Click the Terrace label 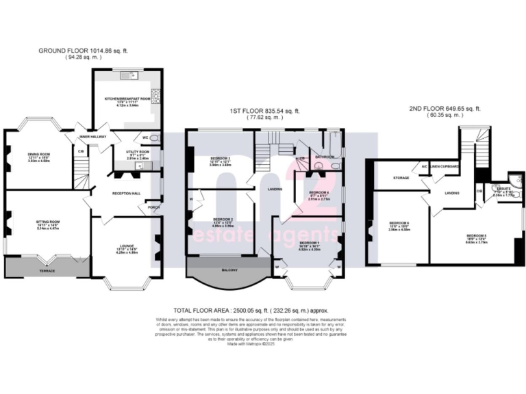coord(46,271)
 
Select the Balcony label coord(229,272)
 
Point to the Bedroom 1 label coord(310,243)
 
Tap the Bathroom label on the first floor coord(324,157)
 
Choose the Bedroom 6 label coord(399,223)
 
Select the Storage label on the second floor coord(401,178)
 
